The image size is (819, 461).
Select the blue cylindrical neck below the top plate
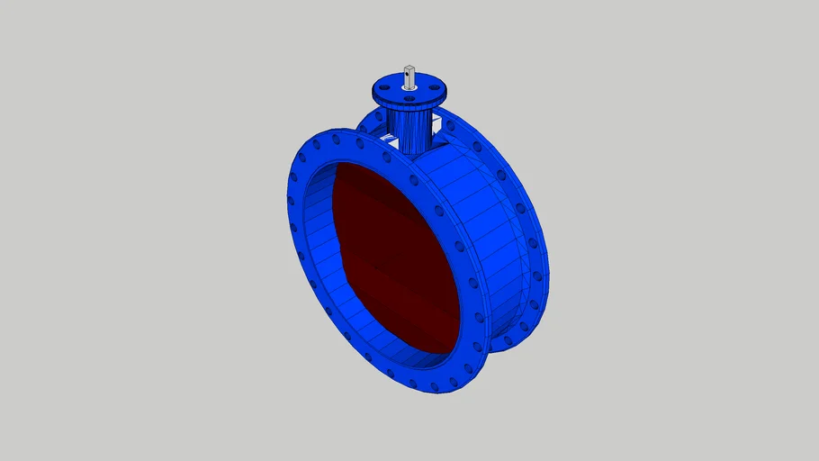coord(409,126)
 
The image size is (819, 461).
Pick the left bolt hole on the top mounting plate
coord(383,89)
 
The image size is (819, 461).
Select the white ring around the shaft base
coord(409,87)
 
